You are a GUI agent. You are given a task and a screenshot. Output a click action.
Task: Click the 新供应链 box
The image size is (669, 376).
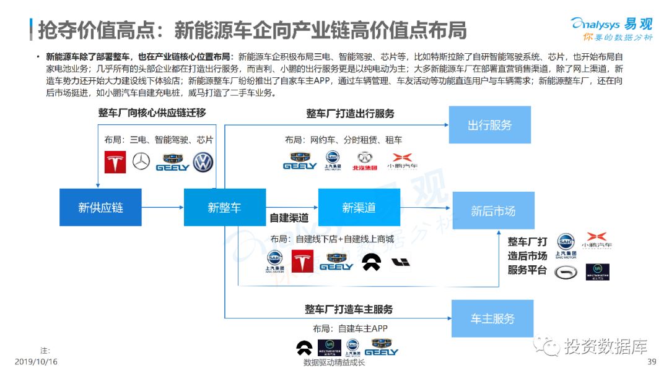click(100, 208)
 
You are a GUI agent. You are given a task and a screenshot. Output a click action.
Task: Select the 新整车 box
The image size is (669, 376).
click(224, 208)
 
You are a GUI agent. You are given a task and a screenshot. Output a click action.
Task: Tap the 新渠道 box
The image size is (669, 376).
click(359, 208)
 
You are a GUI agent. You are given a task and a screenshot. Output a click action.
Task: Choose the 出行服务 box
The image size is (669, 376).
click(489, 125)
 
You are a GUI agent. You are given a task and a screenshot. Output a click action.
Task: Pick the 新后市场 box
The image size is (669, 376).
click(493, 211)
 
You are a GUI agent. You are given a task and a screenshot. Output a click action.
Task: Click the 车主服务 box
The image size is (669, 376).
click(492, 318)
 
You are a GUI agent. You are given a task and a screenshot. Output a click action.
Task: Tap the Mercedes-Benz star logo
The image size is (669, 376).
click(141, 162)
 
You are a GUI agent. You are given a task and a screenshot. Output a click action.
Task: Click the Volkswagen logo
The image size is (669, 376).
click(203, 162)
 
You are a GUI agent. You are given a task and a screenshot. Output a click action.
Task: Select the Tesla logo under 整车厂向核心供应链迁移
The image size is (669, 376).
click(115, 162)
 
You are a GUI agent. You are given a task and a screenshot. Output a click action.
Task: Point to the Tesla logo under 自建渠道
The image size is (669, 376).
click(303, 261)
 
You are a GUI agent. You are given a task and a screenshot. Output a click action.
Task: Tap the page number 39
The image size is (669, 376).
click(651, 362)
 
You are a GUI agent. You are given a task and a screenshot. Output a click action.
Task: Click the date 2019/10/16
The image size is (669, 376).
click(36, 362)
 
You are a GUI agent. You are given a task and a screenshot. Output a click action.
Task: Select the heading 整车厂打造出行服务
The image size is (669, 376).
click(350, 114)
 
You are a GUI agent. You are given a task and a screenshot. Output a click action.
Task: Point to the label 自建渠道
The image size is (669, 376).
click(289, 218)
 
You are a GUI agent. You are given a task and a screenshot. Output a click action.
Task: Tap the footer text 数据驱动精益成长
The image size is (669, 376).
click(334, 362)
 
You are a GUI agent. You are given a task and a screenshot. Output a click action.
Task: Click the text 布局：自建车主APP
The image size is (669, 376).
click(346, 328)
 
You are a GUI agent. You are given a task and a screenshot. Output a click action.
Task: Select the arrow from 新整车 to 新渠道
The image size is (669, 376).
click(292, 208)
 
